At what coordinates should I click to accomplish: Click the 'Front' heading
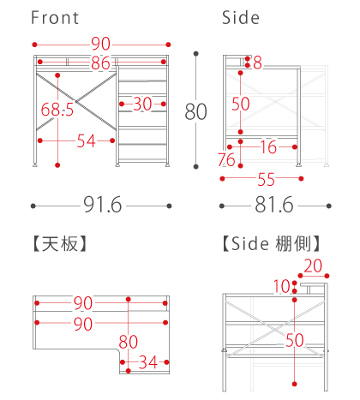tap(55, 18)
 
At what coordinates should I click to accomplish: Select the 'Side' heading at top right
tap(241, 18)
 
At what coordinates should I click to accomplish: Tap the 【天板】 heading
tap(60, 243)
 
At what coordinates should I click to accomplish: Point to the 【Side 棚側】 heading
tap(271, 243)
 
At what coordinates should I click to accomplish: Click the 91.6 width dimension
tap(103, 205)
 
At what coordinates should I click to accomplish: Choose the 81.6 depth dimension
tap(274, 205)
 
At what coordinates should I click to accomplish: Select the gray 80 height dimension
tap(195, 111)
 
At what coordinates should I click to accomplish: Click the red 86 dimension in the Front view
tap(100, 63)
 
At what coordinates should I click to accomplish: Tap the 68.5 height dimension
tap(57, 110)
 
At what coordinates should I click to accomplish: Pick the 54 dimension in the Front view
tap(86, 141)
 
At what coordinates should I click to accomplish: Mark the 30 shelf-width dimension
tap(142, 104)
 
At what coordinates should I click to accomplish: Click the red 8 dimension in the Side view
tap(257, 63)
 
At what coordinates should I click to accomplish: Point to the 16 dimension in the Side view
tap(268, 147)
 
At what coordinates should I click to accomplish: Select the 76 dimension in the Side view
tap(226, 159)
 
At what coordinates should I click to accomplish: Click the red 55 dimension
tap(267, 180)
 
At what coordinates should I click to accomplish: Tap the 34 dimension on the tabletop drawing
tap(148, 362)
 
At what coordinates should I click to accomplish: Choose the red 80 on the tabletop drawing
tap(129, 342)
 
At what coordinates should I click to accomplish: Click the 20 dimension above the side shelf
tap(313, 266)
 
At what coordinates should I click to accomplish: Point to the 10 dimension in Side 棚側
tap(282, 286)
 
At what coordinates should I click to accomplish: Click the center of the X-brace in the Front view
tap(76, 101)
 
